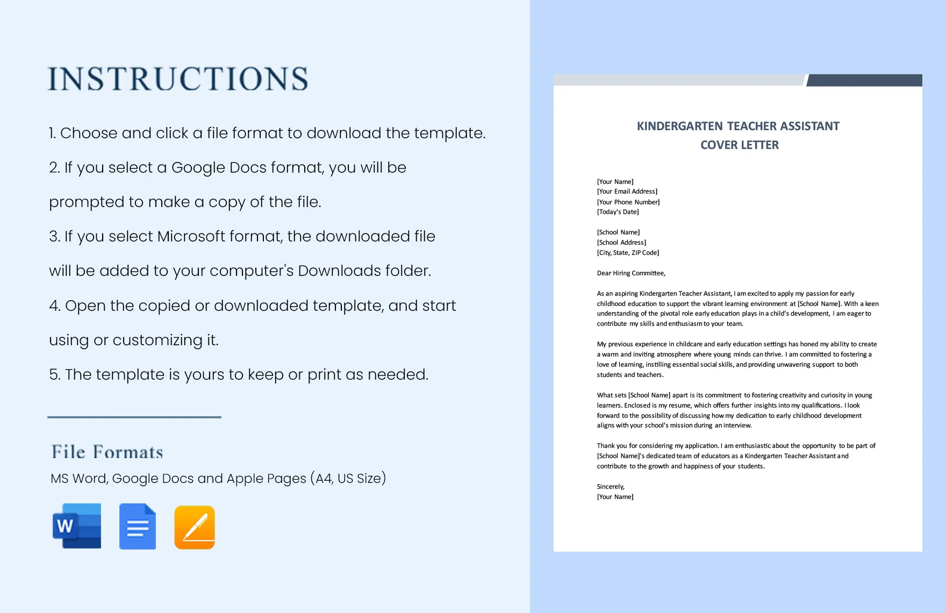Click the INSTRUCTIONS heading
178,79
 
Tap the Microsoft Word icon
77,526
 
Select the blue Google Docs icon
138,526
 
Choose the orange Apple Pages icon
195,527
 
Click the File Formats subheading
107,452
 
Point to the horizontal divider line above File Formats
134,417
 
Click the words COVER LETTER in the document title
739,145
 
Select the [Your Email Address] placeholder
627,191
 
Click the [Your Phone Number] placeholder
628,202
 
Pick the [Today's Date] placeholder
618,212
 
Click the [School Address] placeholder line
621,243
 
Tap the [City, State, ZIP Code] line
628,253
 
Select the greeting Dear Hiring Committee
630,273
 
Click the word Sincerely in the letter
610,487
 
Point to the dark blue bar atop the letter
864,80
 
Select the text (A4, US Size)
348,478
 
